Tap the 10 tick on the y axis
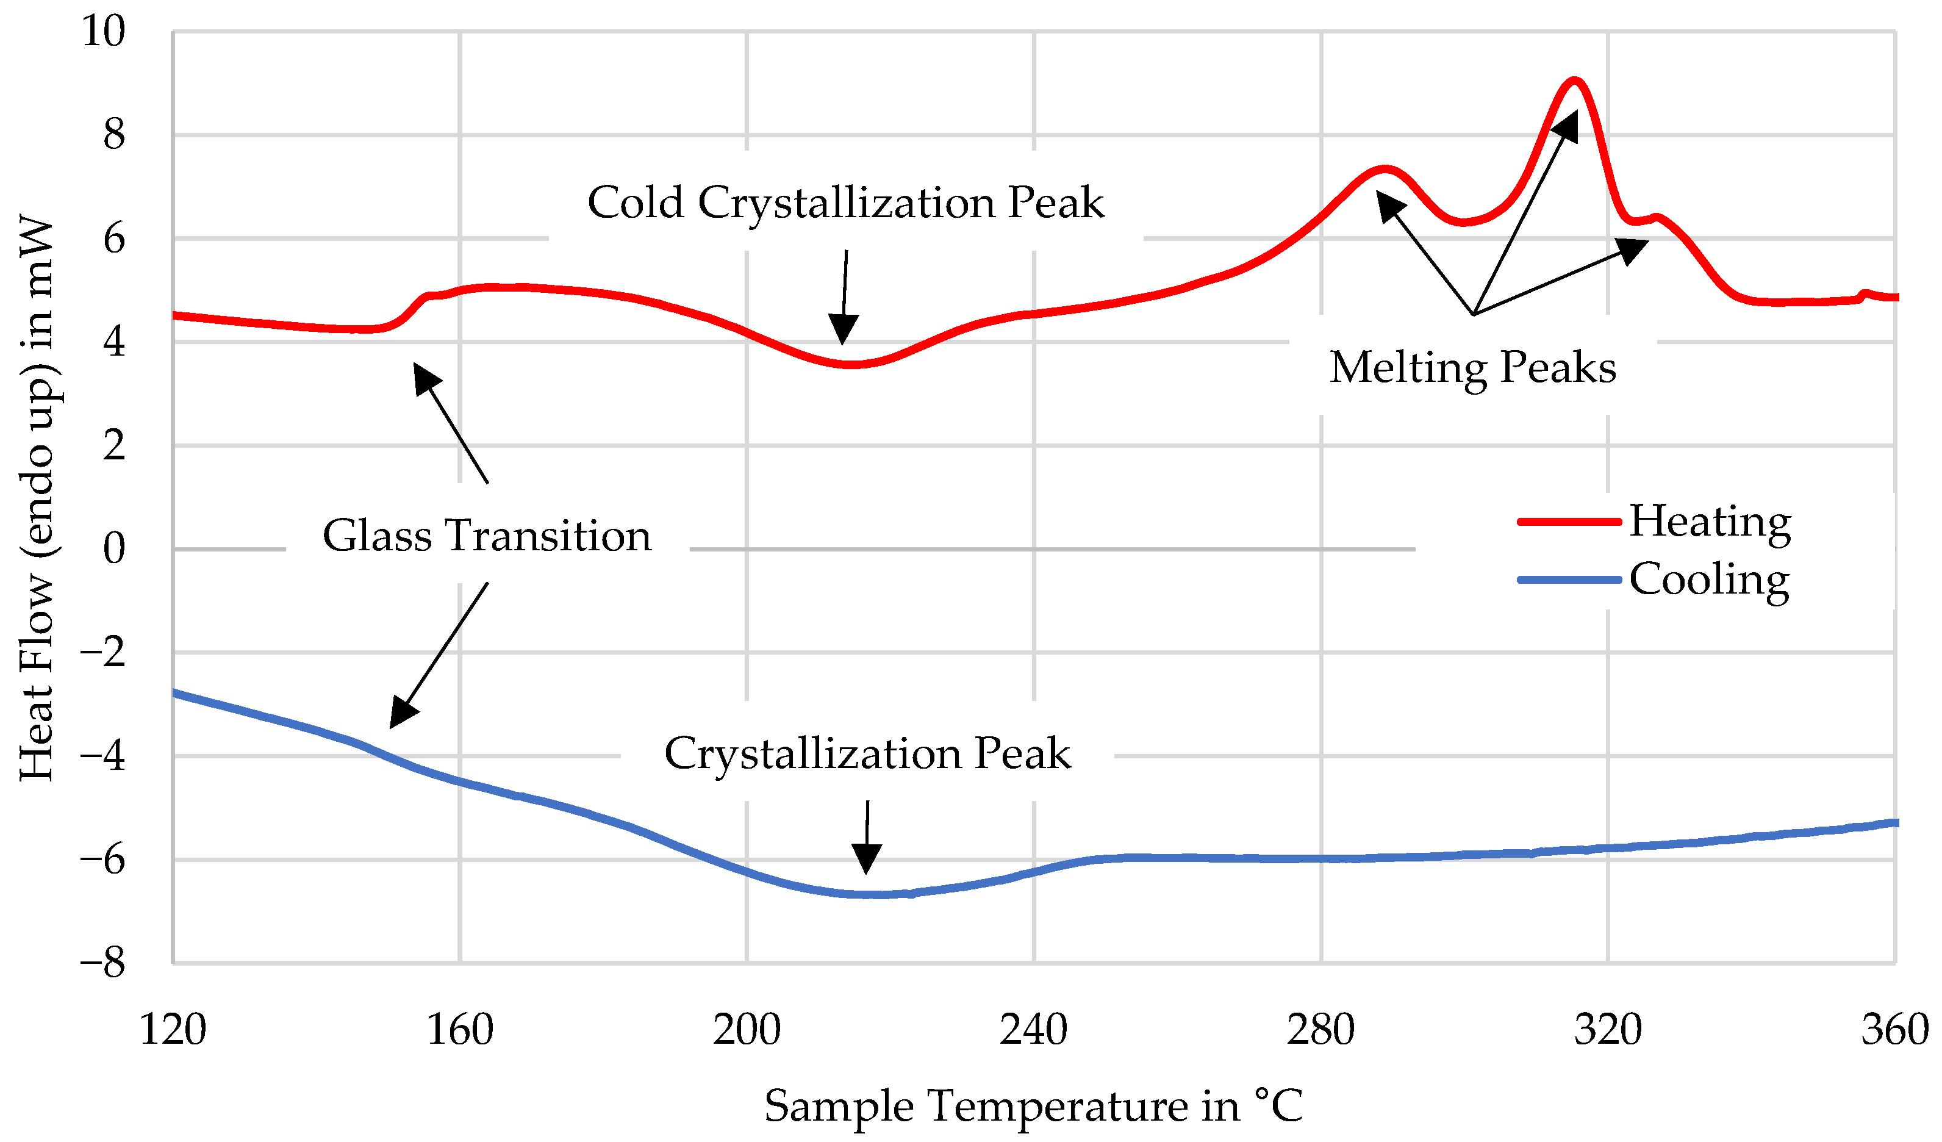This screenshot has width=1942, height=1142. click(102, 32)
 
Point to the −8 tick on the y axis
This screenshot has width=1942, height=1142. click(102, 963)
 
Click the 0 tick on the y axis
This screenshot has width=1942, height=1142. click(113, 550)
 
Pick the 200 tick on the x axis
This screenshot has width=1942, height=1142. click(746, 1030)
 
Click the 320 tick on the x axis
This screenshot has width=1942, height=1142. click(1608, 1030)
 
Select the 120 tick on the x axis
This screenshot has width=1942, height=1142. click(173, 1030)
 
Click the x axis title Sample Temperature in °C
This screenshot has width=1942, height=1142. click(1033, 1106)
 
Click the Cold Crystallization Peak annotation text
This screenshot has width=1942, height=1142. click(845, 203)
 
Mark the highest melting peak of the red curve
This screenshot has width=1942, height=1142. click(1574, 81)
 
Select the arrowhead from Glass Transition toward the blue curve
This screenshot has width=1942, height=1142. click(401, 713)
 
